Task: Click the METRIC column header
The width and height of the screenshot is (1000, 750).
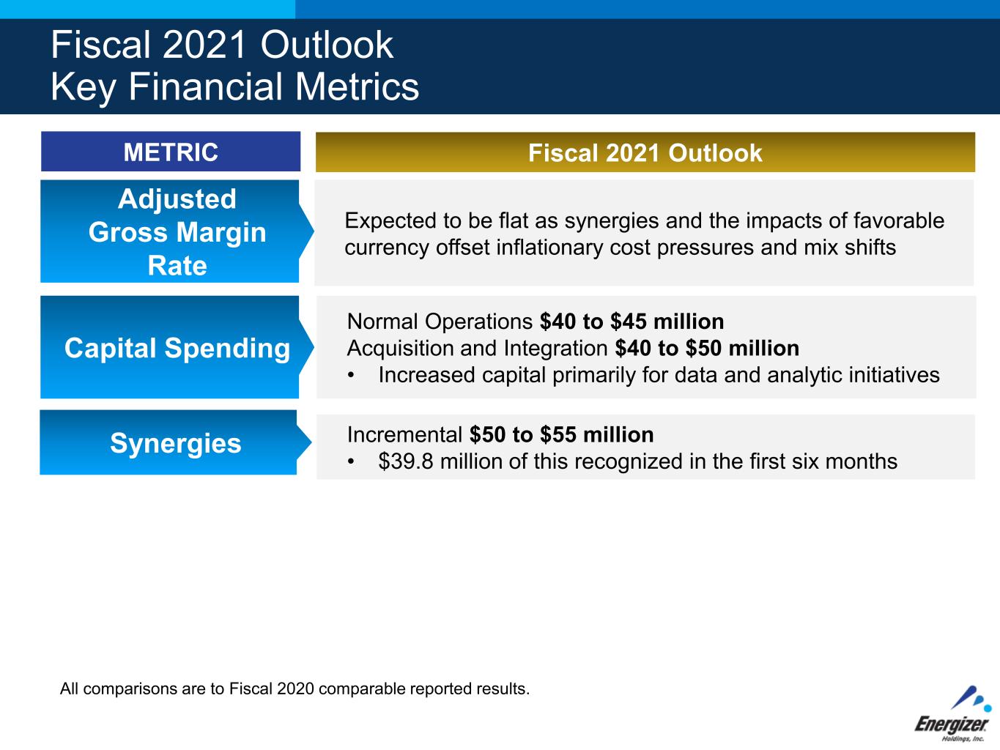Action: pyautogui.click(x=171, y=152)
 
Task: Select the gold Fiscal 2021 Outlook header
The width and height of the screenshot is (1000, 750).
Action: pyautogui.click(x=645, y=152)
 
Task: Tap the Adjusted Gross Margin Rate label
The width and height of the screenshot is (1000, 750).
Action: pyautogui.click(x=177, y=231)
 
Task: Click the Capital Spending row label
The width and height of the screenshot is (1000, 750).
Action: pyautogui.click(x=177, y=348)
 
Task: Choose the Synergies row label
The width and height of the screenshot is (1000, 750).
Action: pyautogui.click(x=176, y=443)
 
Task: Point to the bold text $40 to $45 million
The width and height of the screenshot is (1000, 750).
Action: pyautogui.click(x=632, y=322)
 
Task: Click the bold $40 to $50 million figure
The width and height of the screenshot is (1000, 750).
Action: pyautogui.click(x=707, y=349)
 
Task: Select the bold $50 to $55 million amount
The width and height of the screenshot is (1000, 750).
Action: pyautogui.click(x=562, y=434)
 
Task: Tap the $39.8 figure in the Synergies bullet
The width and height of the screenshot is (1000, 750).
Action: pyautogui.click(x=405, y=461)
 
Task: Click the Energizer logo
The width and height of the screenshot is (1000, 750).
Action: pyautogui.click(x=953, y=714)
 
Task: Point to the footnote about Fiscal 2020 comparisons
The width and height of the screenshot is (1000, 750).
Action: pyautogui.click(x=295, y=688)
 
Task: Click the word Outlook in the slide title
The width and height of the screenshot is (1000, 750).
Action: pyautogui.click(x=327, y=45)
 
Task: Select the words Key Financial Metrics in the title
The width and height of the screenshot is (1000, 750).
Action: pyautogui.click(x=234, y=86)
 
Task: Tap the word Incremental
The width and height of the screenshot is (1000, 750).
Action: pyautogui.click(x=404, y=434)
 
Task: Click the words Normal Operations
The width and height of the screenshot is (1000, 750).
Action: pyautogui.click(x=440, y=322)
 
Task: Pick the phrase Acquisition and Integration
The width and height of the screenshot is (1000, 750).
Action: pyautogui.click(x=478, y=349)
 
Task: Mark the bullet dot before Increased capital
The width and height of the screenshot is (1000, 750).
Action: pyautogui.click(x=350, y=376)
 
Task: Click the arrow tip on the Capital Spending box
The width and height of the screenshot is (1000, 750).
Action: pyautogui.click(x=314, y=347)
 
